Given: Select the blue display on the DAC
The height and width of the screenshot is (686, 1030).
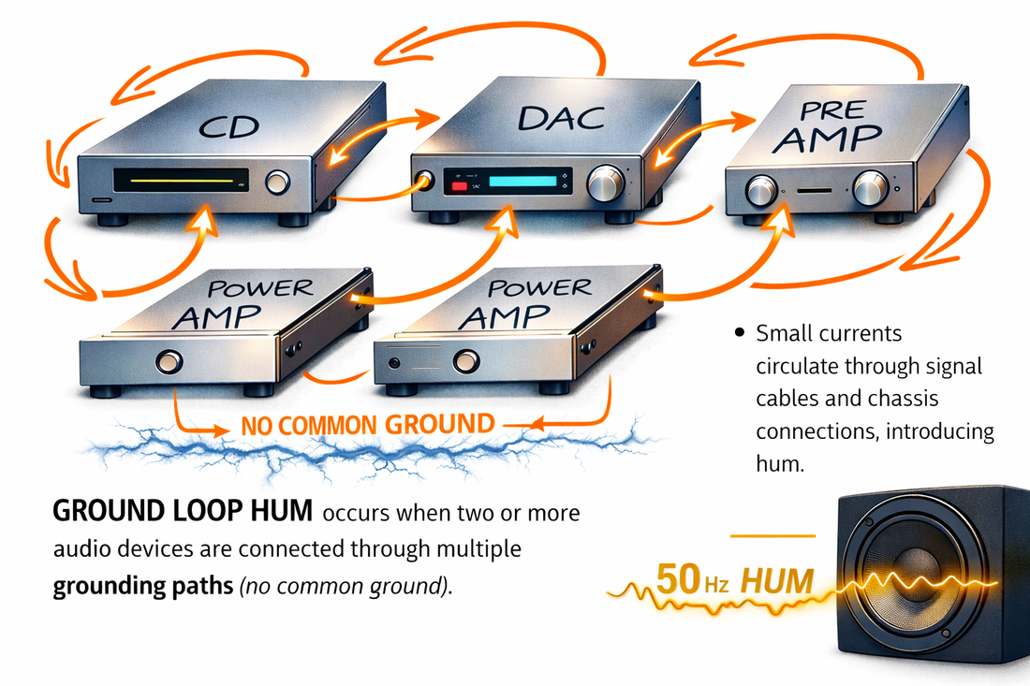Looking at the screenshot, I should click(x=529, y=182).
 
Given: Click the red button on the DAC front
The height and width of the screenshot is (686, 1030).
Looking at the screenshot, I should click(x=460, y=185).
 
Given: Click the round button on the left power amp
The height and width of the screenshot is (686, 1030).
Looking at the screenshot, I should click(x=169, y=360).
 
